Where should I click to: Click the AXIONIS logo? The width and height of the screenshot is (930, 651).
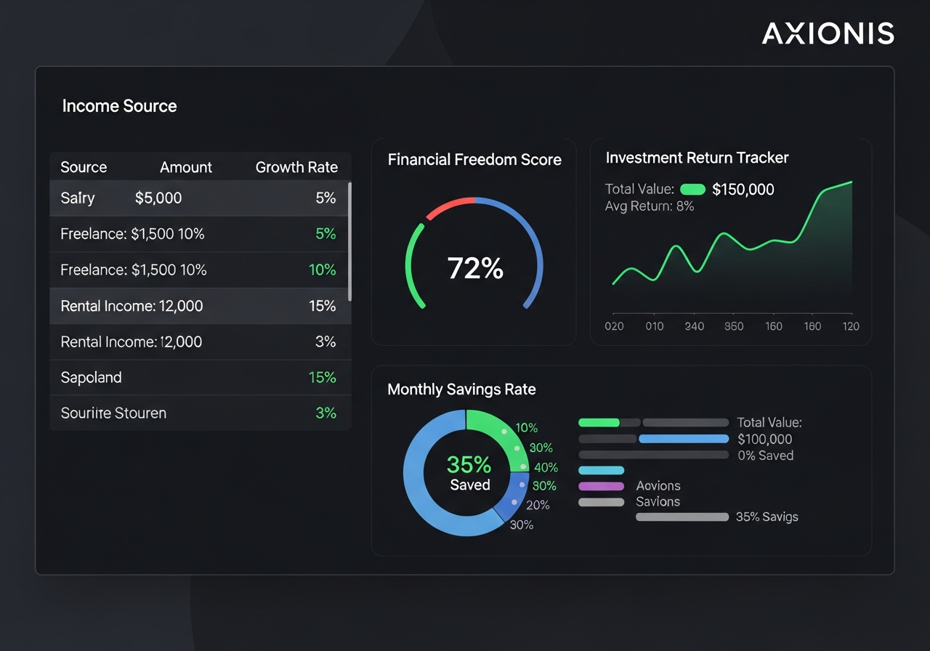(x=828, y=33)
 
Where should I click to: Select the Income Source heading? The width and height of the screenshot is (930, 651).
(x=119, y=106)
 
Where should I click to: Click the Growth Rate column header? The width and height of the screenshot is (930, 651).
(x=296, y=167)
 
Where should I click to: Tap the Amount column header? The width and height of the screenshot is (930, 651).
(x=186, y=167)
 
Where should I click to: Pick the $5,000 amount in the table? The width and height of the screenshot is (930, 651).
(x=158, y=198)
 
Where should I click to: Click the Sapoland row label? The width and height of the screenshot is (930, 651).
(x=91, y=378)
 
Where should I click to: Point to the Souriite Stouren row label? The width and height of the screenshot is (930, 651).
(x=113, y=413)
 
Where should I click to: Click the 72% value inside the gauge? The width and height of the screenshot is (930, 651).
(x=475, y=269)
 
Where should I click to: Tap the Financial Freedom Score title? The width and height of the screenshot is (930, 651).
(x=474, y=160)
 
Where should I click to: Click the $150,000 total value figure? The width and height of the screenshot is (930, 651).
(x=743, y=190)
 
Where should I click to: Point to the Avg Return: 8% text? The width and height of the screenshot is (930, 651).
(x=649, y=206)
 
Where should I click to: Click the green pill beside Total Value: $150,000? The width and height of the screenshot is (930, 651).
(x=692, y=190)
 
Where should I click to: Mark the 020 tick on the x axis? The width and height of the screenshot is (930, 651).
(x=614, y=326)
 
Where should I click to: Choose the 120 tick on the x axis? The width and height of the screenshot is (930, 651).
(x=851, y=326)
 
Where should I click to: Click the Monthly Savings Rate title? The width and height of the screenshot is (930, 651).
(x=461, y=389)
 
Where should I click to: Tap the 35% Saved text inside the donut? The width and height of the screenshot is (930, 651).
(x=469, y=473)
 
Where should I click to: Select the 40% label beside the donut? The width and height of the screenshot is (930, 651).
(x=546, y=467)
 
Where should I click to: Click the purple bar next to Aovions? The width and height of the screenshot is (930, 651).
(x=601, y=486)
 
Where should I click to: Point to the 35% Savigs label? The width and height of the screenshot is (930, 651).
(x=767, y=517)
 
